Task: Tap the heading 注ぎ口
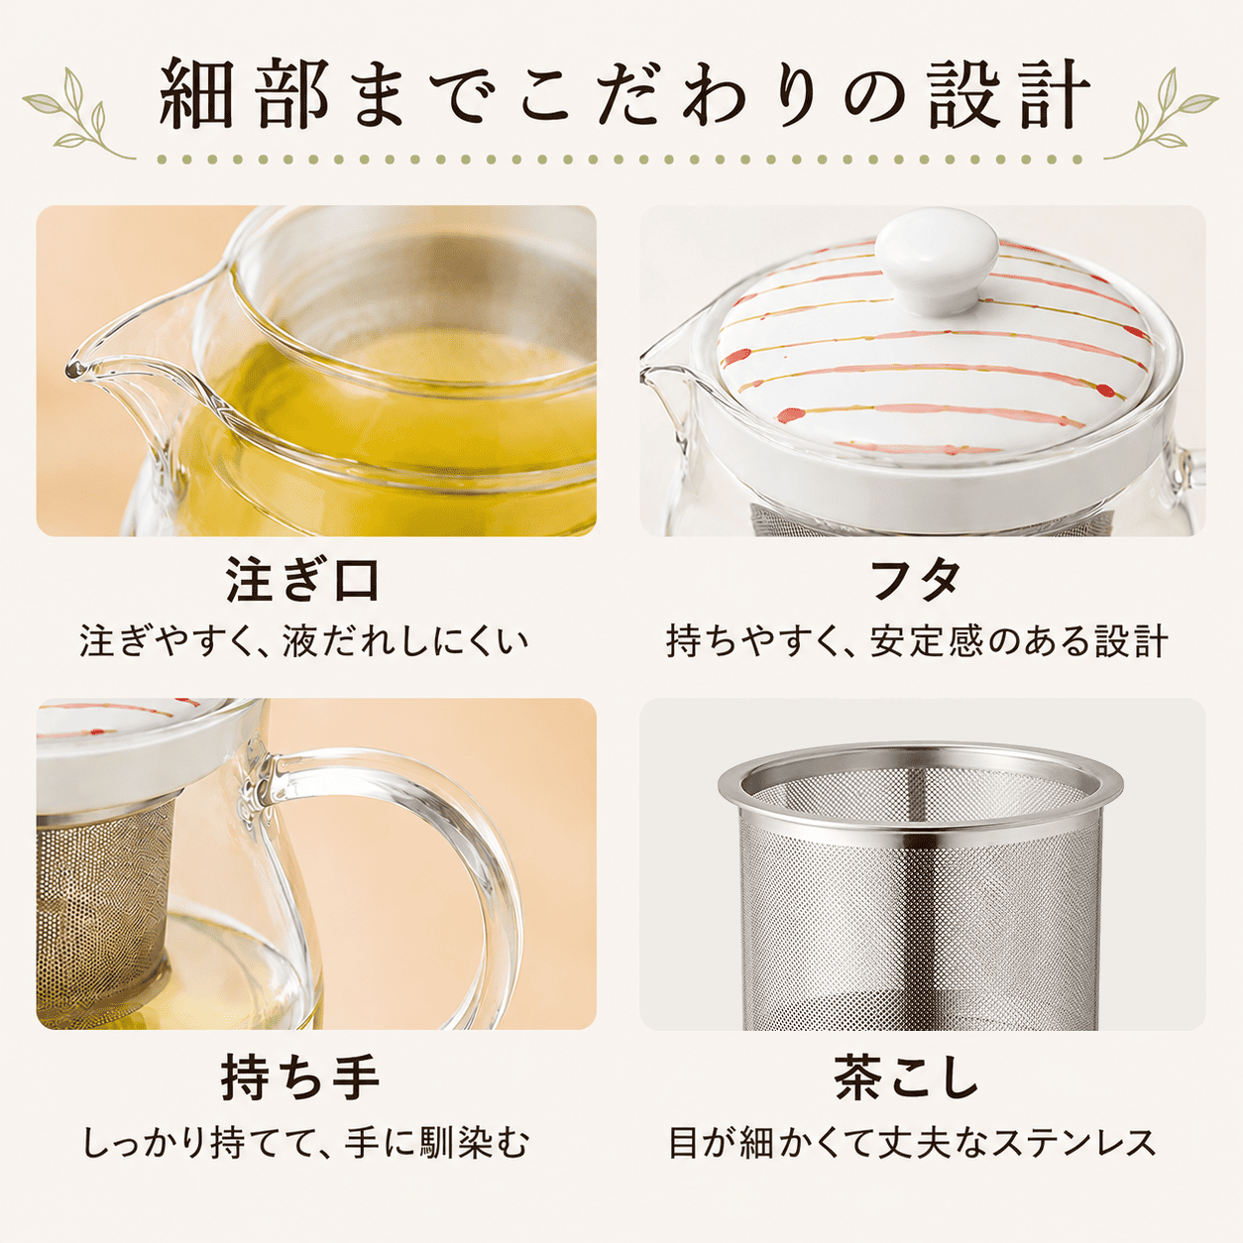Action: coord(303,581)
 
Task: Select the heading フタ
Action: coord(915,581)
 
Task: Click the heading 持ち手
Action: coord(300,1076)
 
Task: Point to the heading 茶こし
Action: coord(907,1076)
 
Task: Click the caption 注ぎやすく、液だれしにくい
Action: coord(303,641)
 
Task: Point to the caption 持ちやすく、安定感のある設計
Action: coord(917,641)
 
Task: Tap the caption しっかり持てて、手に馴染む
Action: coord(305,1142)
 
